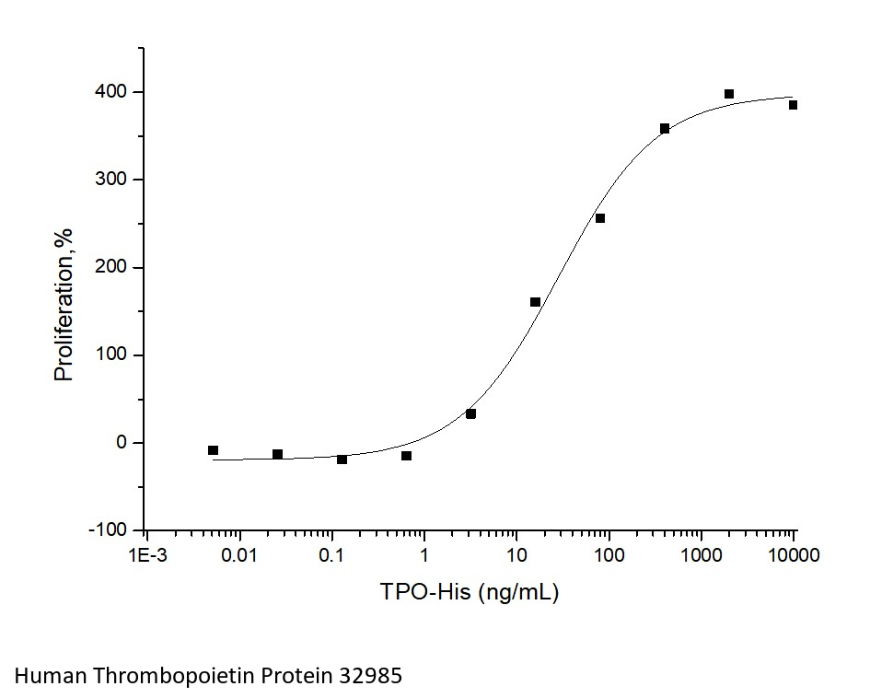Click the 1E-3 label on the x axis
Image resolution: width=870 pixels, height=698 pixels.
(x=147, y=555)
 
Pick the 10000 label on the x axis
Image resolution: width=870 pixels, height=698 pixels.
(x=794, y=555)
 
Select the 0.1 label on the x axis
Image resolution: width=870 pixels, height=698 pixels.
(x=331, y=555)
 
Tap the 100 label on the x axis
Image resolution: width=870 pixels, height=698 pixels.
(x=609, y=555)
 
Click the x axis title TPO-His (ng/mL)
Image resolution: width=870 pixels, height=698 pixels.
(x=470, y=591)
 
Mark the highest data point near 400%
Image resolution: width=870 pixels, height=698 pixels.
(x=729, y=94)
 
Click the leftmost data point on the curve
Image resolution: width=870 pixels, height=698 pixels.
(x=213, y=450)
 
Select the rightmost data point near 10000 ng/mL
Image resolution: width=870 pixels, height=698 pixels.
(x=793, y=105)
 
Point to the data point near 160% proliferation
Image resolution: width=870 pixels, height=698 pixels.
(x=535, y=302)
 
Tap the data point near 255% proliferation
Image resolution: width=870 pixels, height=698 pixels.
(x=600, y=218)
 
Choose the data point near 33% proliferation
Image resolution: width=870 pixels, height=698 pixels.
(x=470, y=414)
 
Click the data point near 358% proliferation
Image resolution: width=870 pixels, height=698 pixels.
(x=665, y=129)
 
